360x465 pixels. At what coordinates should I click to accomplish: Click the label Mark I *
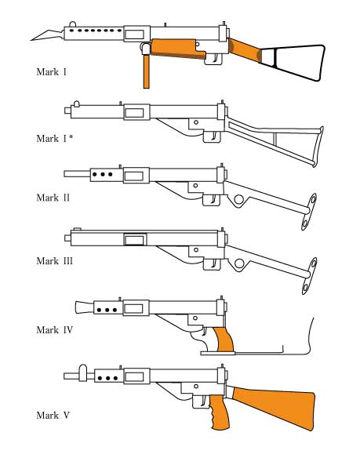pos(55,139)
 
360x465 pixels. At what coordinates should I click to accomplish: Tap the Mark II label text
pos(53,198)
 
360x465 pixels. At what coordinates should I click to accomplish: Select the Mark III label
pos(54,261)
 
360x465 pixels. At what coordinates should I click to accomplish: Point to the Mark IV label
pos(54,330)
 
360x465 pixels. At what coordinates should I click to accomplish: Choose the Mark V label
pos(53,416)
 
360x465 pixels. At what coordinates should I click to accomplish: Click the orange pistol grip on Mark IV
pos(224,340)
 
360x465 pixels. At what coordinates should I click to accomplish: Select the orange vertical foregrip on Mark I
pos(146,71)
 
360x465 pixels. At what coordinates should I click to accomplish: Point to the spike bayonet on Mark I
pos(47,35)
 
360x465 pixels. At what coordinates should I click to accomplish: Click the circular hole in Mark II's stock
pos(238,199)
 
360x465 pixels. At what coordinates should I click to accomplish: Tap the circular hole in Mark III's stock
pos(239,263)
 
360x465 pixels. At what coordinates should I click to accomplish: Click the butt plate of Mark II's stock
pos(309,212)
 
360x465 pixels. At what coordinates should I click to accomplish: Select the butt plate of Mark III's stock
pos(309,276)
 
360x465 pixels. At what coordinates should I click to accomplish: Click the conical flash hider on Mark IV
pos(85,307)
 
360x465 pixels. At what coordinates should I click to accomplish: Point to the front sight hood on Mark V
pos(83,372)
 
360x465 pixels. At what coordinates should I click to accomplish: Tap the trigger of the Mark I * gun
pos(214,136)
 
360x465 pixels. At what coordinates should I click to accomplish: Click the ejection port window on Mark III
pos(135,240)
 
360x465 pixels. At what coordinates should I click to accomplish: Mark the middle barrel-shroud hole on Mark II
pos(102,174)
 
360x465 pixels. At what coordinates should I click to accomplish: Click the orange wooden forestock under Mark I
pos(178,49)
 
